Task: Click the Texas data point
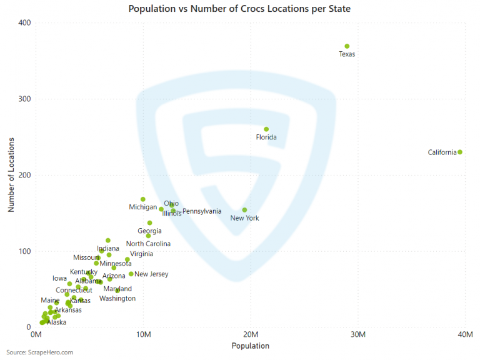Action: [x=347, y=46]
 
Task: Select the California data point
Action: [x=460, y=152]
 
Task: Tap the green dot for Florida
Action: [x=266, y=129]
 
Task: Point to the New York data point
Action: [x=244, y=210]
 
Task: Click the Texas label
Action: [x=347, y=54]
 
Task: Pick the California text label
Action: [x=442, y=152]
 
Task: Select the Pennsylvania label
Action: [x=202, y=211]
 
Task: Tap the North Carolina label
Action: [x=148, y=244]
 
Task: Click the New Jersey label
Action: [x=151, y=274]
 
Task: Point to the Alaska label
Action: [x=57, y=322]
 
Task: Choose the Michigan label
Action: [x=143, y=207]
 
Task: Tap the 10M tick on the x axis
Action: [x=143, y=335]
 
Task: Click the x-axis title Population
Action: [x=250, y=346]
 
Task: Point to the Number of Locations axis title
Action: [x=11, y=175]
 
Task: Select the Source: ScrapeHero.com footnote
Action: [x=40, y=352]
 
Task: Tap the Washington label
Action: [x=117, y=298]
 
